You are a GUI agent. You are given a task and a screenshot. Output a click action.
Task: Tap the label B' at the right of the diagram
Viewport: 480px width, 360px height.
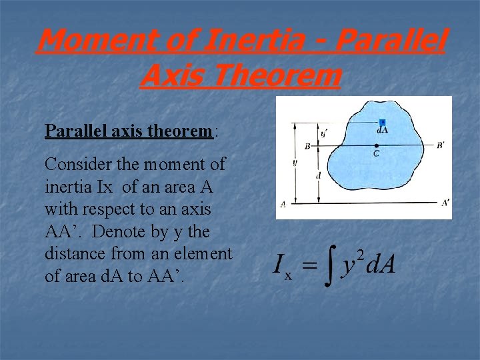click(441, 145)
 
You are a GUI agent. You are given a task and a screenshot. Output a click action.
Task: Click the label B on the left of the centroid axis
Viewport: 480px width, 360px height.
click(307, 146)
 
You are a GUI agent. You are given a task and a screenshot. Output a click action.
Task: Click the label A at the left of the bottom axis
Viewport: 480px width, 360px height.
click(283, 205)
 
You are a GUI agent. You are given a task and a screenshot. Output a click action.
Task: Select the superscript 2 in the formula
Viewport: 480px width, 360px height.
click(360, 254)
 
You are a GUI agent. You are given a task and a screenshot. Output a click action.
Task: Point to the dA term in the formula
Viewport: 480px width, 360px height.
click(381, 265)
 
